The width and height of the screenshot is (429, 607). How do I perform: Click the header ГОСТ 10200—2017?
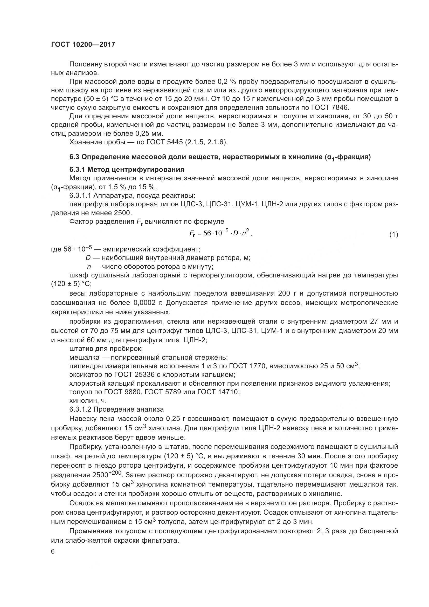click(83, 44)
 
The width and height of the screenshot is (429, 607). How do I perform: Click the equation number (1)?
click(394, 235)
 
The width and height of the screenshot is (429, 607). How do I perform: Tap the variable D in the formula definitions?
click(88, 258)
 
